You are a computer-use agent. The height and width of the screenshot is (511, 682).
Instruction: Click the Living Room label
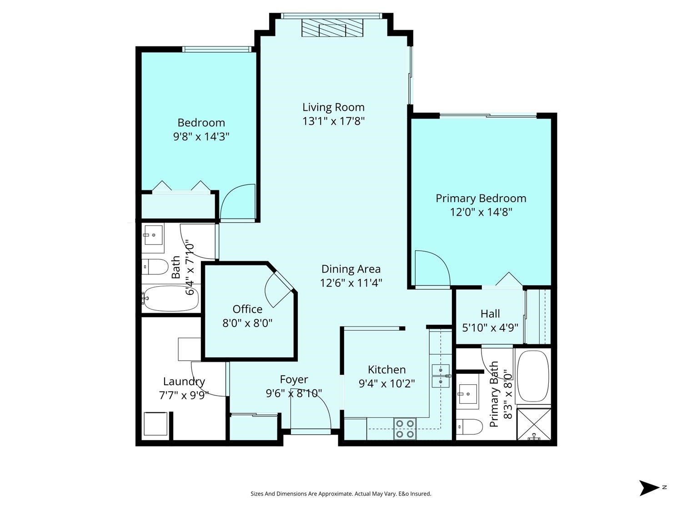coord(333,107)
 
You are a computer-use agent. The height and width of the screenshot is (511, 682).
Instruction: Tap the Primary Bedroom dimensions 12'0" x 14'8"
coord(481,212)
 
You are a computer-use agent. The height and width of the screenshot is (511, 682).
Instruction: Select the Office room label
coord(247,309)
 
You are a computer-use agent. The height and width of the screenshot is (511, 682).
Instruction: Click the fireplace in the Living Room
coord(333,30)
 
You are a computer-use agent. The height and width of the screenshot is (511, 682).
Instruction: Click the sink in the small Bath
coord(153,236)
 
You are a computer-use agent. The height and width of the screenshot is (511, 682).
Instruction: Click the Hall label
coord(490,314)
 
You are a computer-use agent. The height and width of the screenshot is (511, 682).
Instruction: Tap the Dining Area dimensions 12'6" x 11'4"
coord(351,283)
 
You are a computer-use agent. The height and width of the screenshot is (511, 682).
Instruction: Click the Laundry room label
coord(184,382)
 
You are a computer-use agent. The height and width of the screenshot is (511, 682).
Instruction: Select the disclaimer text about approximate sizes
coord(341,494)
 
